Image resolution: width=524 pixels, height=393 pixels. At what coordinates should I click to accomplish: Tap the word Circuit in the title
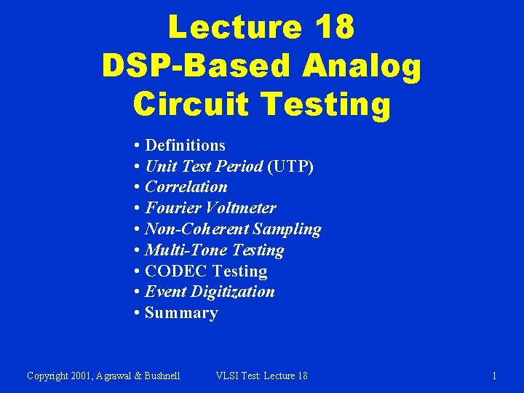[191, 103]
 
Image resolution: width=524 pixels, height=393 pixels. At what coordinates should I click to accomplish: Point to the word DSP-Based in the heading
[196, 65]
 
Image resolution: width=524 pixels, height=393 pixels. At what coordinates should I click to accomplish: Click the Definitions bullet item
[185, 146]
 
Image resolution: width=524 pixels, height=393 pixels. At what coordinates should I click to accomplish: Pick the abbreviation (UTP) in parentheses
[290, 166]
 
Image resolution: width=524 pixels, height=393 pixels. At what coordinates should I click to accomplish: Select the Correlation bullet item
[186, 187]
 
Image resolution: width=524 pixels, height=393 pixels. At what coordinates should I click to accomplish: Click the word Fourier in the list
[172, 208]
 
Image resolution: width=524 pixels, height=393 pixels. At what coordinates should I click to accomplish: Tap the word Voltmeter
[241, 208]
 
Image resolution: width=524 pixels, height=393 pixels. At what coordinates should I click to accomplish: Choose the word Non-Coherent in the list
[196, 229]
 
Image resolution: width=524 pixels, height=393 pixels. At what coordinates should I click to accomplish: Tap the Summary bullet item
[181, 313]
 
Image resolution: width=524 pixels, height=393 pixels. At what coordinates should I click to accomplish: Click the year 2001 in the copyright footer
[81, 376]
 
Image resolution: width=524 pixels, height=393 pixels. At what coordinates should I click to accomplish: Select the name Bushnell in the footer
[162, 376]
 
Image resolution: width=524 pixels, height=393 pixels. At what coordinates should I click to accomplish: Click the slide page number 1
[494, 376]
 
